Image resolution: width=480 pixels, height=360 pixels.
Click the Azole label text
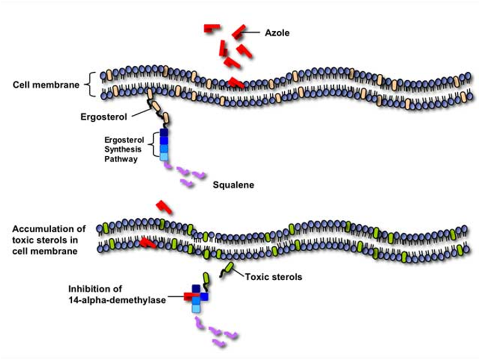point(278,33)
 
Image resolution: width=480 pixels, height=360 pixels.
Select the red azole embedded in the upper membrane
point(236,82)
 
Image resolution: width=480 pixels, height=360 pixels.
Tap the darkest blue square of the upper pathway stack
point(164,133)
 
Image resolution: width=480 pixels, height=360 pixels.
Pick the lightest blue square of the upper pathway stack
point(164,156)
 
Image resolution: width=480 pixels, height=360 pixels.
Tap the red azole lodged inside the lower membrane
point(148,244)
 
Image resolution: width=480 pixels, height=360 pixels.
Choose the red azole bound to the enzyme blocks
point(191,296)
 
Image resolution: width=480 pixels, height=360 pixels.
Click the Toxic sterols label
point(273,278)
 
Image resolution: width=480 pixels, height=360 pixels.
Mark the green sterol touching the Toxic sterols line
point(229,268)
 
